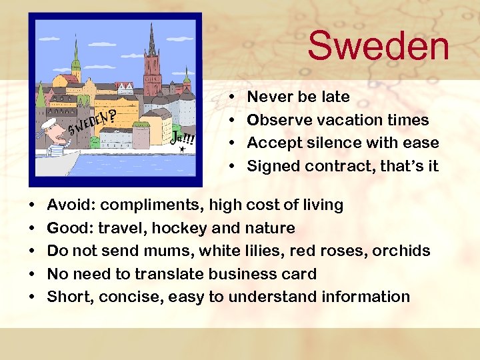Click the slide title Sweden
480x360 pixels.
pos(378,46)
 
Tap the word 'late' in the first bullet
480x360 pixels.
pos(335,97)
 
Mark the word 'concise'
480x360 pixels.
pos(131,297)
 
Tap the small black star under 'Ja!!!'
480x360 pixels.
pos(182,150)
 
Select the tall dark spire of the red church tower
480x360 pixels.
pos(153,40)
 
